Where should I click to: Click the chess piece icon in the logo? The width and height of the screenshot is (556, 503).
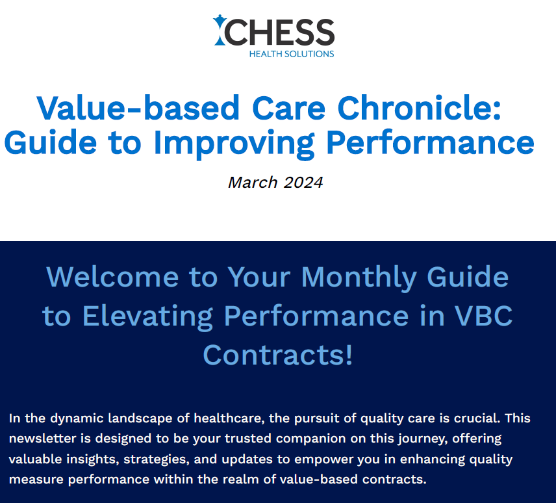tap(219, 30)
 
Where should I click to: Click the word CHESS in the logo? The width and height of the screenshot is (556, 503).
tap(279, 32)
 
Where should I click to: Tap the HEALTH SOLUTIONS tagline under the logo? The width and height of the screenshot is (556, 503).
tap(292, 54)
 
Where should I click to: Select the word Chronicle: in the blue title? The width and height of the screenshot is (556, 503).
tap(419, 108)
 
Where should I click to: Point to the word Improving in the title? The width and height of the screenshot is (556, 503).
tap(234, 144)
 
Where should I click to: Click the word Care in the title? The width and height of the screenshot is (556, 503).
tap(288, 108)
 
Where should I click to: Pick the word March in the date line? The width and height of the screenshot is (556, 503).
tap(253, 183)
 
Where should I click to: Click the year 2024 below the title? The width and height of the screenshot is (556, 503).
tap(303, 183)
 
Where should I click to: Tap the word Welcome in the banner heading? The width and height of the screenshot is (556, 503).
tap(112, 277)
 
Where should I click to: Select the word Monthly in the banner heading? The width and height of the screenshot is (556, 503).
tap(359, 278)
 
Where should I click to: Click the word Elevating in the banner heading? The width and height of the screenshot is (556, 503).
tap(147, 317)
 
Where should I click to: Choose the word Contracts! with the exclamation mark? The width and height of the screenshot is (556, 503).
tap(278, 355)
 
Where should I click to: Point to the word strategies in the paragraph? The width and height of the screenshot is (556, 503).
tap(157, 459)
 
